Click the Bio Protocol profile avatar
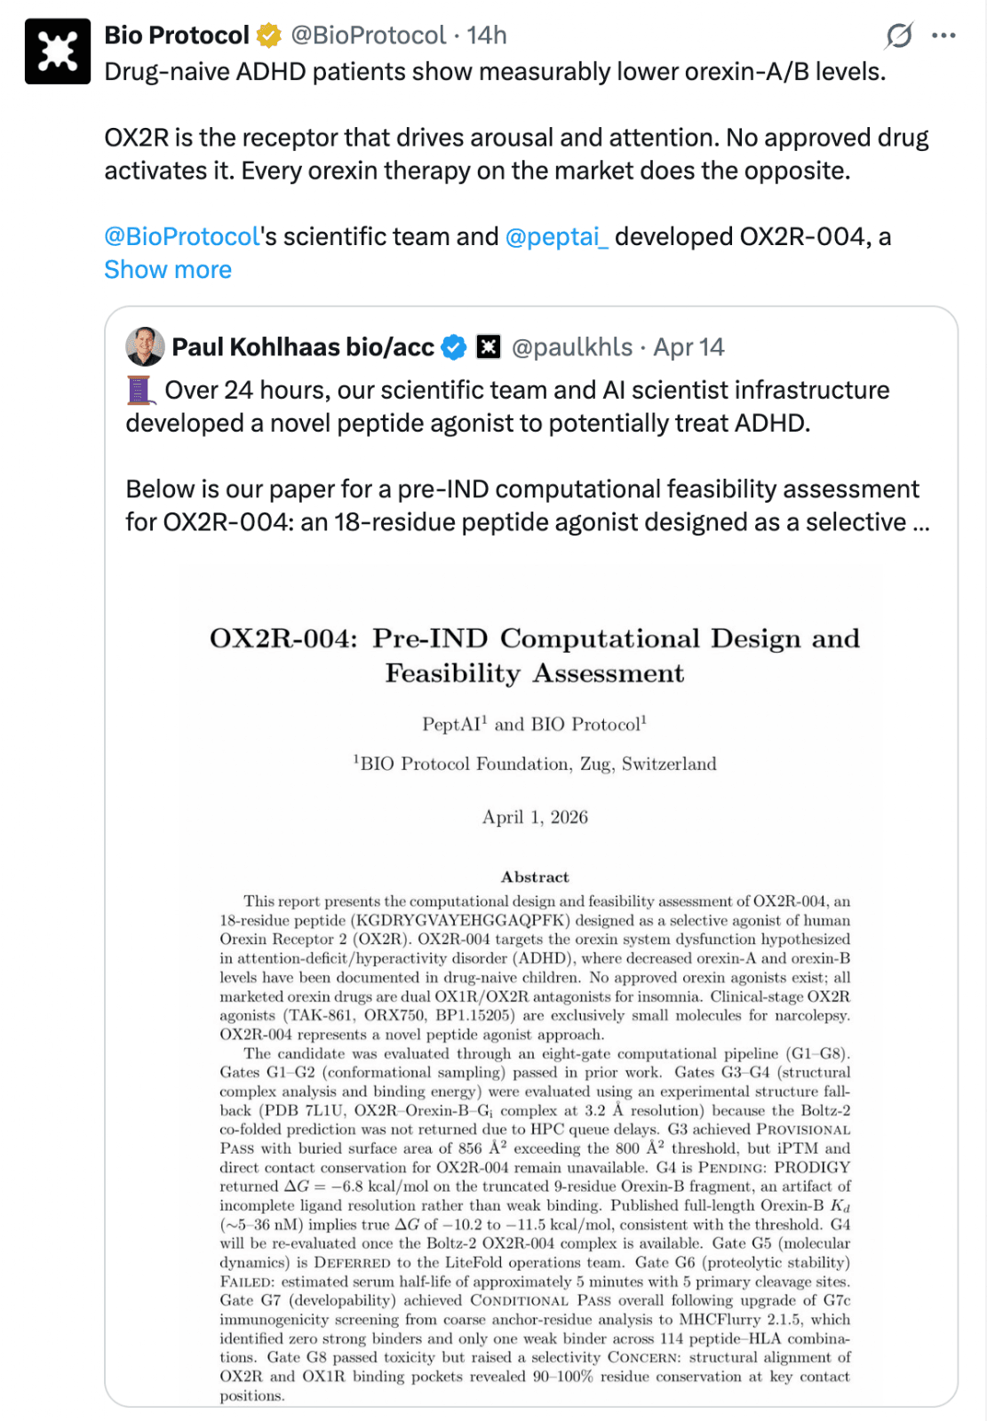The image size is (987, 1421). coord(58,52)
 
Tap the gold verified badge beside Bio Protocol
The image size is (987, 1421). coord(268,36)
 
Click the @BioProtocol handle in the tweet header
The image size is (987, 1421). coord(368,36)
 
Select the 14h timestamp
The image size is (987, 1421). coord(487,36)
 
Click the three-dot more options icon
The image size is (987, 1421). coord(943,36)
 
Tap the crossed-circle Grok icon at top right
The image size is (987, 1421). coord(898,36)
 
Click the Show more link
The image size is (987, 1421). coord(168,270)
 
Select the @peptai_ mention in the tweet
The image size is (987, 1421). coord(557,237)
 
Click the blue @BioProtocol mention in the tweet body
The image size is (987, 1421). coord(182,237)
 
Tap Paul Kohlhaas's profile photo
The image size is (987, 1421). coord(145,346)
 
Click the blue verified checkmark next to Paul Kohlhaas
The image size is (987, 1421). coord(454,347)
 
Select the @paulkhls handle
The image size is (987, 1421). coord(572,347)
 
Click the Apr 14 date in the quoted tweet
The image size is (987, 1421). coord(689,347)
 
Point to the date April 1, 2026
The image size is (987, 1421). coord(535,817)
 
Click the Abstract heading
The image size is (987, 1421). coord(535,877)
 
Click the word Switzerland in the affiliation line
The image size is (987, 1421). coord(669,764)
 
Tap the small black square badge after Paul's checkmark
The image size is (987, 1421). coord(489,347)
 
